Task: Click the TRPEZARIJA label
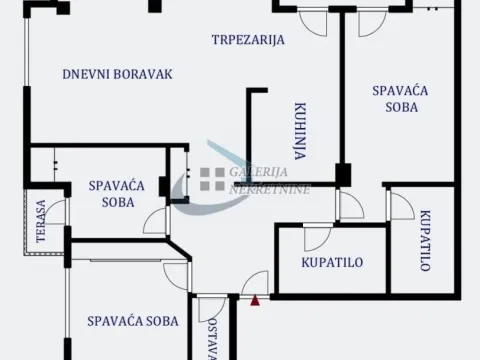point(248,41)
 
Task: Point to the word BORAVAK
point(144,74)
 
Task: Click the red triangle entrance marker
point(256,298)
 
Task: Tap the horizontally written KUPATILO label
point(331,263)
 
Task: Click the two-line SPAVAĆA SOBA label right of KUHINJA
point(400,99)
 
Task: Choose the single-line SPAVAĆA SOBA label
point(132,321)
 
